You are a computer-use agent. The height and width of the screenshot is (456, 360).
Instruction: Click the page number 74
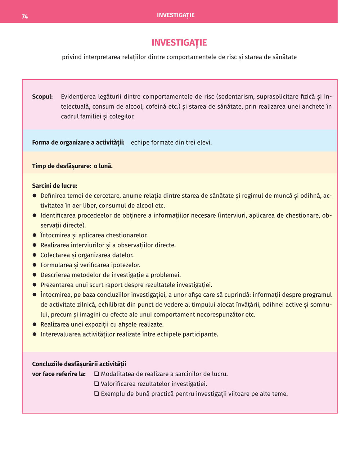25,17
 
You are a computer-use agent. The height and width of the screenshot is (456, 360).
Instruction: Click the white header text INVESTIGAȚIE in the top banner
176,15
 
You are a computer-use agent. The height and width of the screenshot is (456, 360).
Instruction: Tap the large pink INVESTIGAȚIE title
179,43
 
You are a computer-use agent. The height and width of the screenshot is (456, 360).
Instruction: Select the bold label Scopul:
42,97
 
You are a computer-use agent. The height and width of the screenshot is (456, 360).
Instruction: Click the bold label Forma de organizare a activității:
78,142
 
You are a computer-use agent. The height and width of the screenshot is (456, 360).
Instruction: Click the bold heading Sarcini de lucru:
55,186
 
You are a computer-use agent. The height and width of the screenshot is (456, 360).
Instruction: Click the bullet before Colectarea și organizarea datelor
35,255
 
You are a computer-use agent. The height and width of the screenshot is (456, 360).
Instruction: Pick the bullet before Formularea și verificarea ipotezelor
35,265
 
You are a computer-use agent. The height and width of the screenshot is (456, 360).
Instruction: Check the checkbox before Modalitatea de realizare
96,374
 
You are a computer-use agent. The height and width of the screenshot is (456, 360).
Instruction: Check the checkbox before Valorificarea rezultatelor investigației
96,384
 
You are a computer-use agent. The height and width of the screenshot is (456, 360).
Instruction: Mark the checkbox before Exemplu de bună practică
96,394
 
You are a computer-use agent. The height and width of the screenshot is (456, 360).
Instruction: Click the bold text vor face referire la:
59,374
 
